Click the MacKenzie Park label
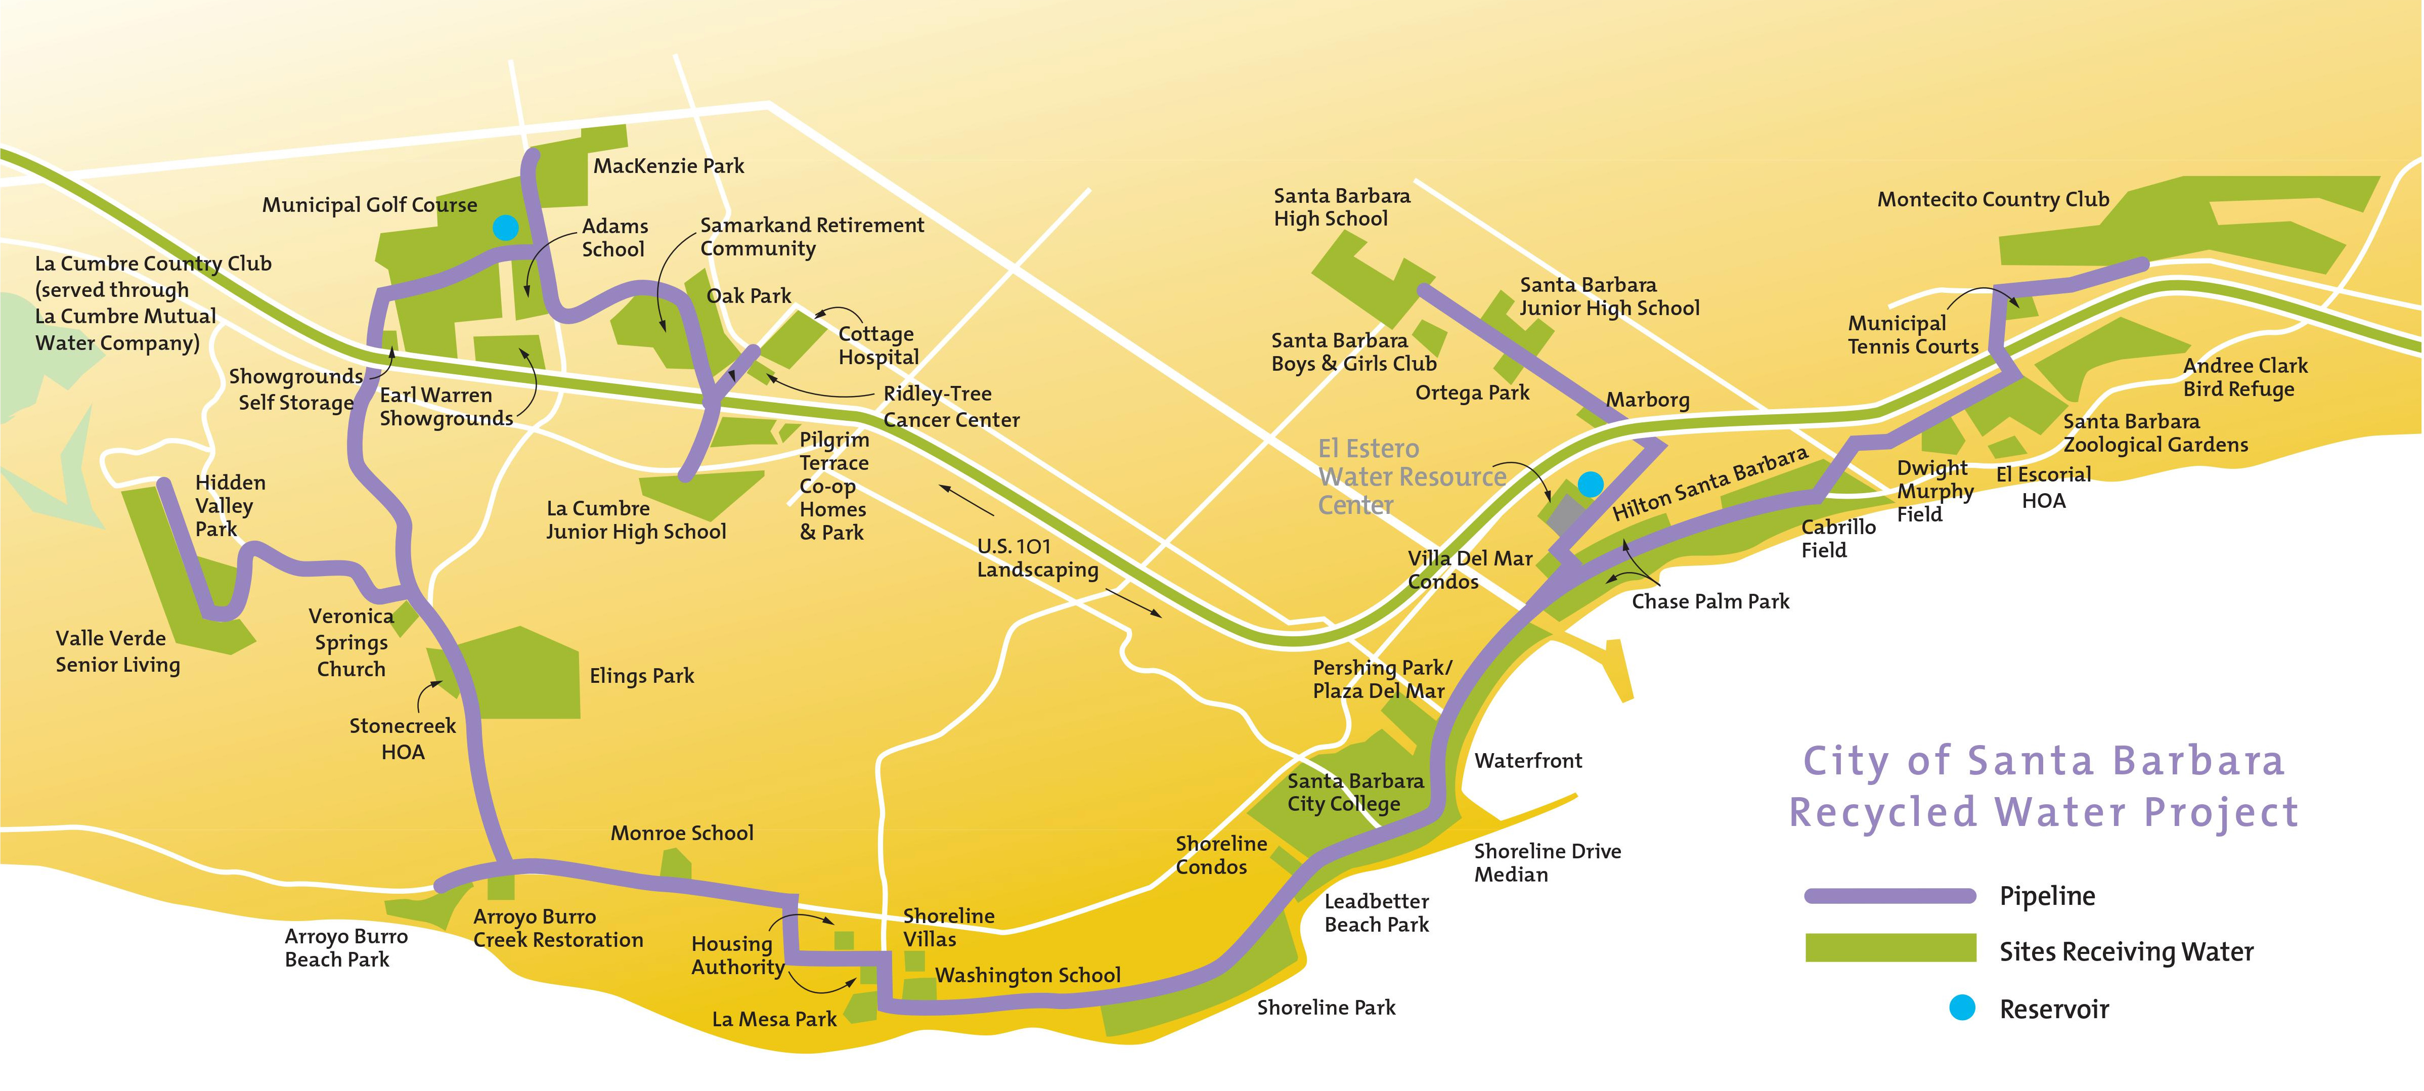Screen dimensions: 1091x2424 tap(668, 166)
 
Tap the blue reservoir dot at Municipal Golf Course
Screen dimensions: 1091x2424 tap(505, 227)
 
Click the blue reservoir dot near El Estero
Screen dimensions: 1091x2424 tap(1590, 484)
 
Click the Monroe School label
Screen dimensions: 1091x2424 tap(681, 833)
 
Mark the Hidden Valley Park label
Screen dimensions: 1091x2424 tap(230, 505)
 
